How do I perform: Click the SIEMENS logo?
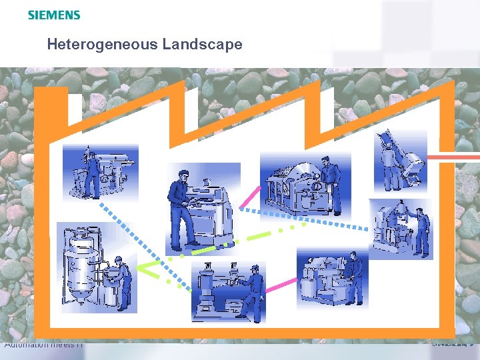pyautogui.click(x=54, y=15)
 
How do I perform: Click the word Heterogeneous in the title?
pyautogui.click(x=99, y=45)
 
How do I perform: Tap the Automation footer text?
pyautogui.click(x=43, y=345)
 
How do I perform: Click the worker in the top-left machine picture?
pyautogui.click(x=91, y=172)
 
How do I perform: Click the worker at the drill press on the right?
pyautogui.click(x=421, y=231)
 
